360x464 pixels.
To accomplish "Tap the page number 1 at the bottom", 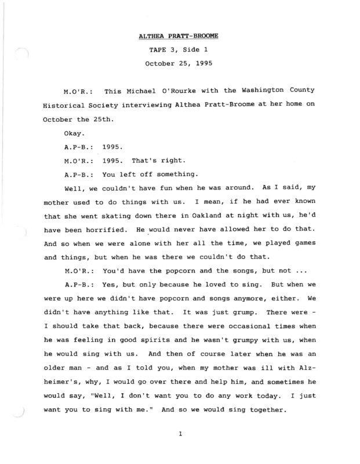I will point(181,432).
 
